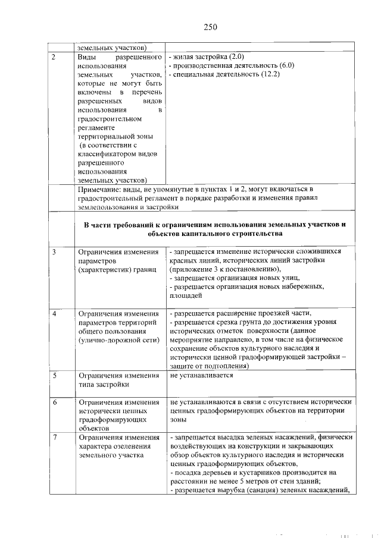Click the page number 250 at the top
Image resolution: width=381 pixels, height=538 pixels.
tap(210, 27)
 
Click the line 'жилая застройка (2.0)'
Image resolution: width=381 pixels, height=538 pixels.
tap(203, 56)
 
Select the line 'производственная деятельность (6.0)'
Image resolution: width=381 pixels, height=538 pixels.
tap(232, 65)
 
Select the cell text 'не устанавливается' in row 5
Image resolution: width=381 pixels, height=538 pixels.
tap(201, 375)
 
